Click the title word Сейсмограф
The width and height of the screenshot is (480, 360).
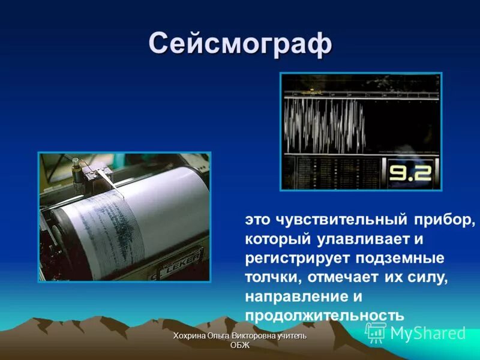coord(240,43)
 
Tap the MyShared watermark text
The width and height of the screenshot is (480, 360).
coord(428,334)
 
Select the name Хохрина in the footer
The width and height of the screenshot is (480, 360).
coord(190,336)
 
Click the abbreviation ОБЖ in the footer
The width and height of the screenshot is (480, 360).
coord(240,345)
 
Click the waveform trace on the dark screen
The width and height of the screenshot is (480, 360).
coord(324,123)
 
